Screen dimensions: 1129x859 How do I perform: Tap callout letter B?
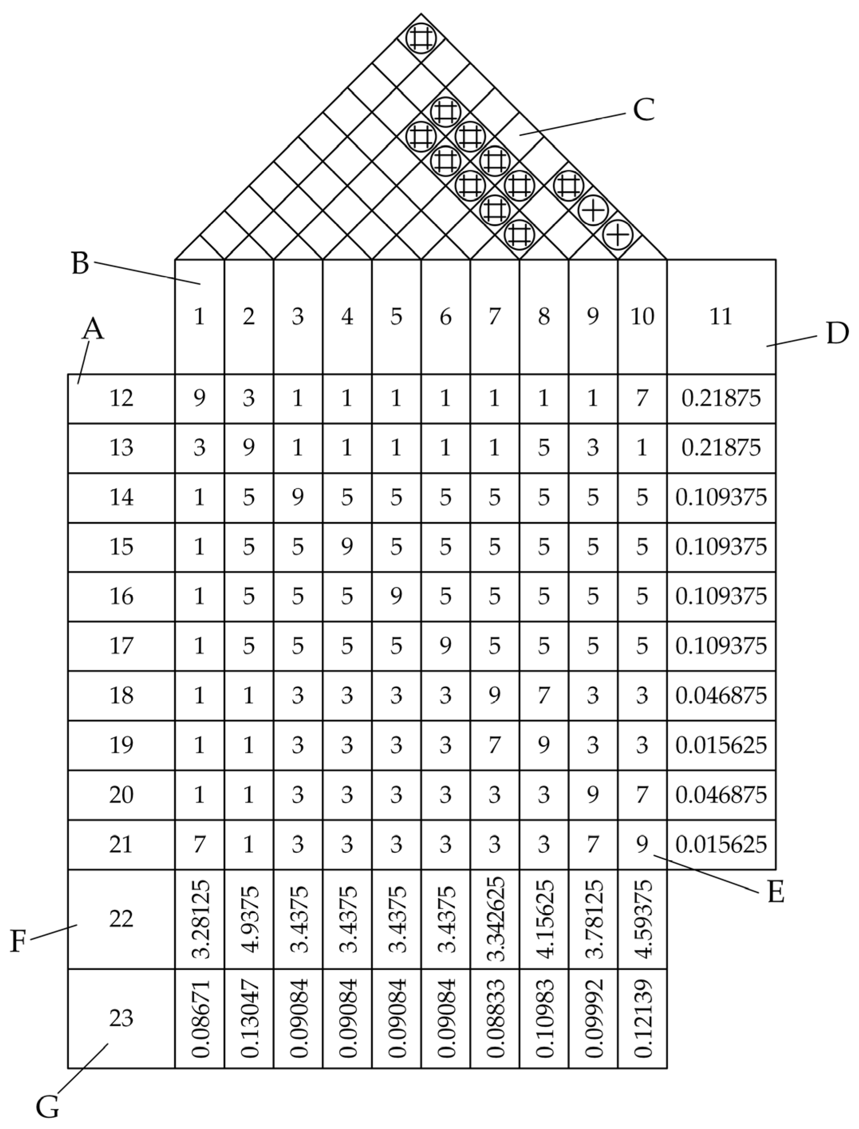pos(80,264)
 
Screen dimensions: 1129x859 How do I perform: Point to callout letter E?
pos(776,892)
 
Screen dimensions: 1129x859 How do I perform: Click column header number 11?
pos(721,317)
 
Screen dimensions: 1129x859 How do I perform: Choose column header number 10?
pos(642,317)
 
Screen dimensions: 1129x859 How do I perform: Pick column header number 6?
pos(445,317)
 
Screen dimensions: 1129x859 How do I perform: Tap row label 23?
pos(121,1018)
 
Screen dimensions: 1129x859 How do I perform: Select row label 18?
pos(121,695)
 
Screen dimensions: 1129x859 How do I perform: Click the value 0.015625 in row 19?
pos(721,745)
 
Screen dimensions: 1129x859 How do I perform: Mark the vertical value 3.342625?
pos(494,919)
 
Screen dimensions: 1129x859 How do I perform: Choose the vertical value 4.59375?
pos(642,919)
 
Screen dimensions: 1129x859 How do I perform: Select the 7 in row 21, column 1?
pos(199,844)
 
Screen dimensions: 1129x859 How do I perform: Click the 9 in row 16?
pos(396,596)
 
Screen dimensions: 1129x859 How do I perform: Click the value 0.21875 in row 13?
pos(721,447)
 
